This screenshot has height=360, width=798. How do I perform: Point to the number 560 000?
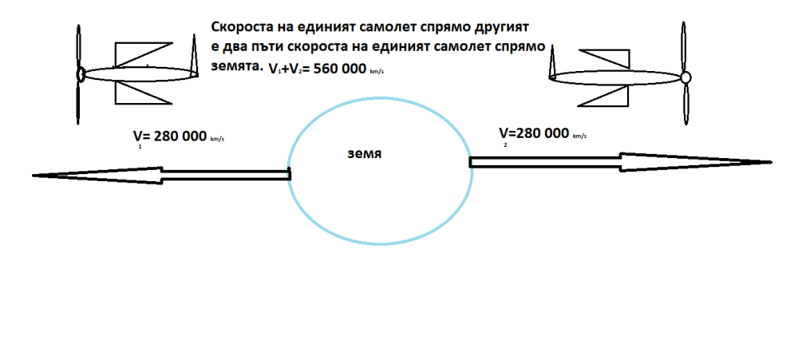tap(336, 69)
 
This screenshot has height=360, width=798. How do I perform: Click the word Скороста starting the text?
tap(239, 27)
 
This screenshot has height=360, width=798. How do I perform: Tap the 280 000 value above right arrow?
tap(542, 133)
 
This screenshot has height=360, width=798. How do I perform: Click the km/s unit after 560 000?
tap(377, 72)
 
